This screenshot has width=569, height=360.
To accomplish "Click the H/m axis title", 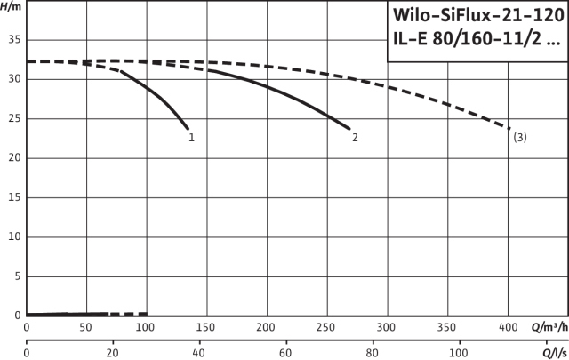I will click(x=11, y=7).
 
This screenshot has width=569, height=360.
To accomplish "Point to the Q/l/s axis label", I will click(x=550, y=353).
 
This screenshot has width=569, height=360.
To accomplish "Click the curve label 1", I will click(x=191, y=138).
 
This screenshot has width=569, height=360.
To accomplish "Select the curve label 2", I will click(x=355, y=138).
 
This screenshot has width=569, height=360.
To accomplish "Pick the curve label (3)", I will click(x=520, y=137).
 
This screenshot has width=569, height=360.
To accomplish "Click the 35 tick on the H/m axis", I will click(x=13, y=40).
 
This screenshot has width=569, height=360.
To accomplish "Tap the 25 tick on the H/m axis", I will click(x=13, y=118).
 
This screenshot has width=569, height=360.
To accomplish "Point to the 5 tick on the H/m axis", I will click(x=16, y=276).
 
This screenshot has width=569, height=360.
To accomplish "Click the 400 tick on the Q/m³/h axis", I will click(x=508, y=327).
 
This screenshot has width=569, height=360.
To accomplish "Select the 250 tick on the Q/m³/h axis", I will click(x=327, y=327).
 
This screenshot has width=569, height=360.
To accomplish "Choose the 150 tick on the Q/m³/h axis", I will click(x=206, y=327).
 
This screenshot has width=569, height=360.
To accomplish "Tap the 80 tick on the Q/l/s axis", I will click(x=373, y=353).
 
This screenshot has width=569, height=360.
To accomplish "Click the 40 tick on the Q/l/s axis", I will click(x=199, y=353).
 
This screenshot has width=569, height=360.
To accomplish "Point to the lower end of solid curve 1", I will click(x=188, y=129).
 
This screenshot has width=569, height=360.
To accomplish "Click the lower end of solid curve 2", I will click(x=350, y=129).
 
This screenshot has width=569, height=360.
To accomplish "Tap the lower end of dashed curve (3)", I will click(x=509, y=129).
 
